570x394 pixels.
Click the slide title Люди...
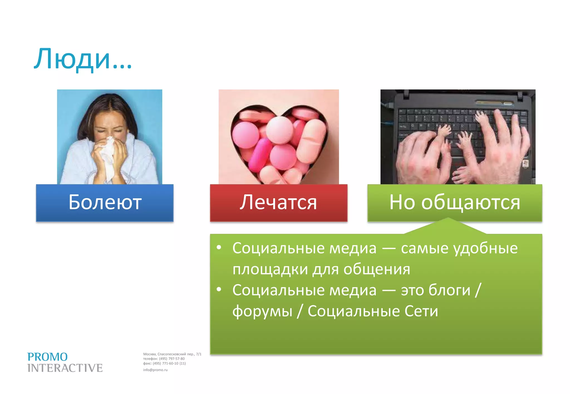[82, 59]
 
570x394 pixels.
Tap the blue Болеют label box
[105, 203]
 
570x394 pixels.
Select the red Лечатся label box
[279, 203]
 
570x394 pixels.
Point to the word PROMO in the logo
[47, 357]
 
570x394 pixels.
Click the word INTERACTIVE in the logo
[65, 368]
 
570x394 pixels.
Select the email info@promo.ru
[155, 370]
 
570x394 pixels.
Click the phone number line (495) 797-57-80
[164, 359]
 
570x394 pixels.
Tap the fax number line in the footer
[164, 363]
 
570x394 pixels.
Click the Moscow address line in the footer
[172, 354]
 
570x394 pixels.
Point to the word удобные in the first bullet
[486, 248]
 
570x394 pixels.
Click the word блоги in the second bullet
[449, 290]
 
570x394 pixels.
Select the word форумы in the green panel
[262, 311]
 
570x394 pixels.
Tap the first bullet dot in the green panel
[219, 247]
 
